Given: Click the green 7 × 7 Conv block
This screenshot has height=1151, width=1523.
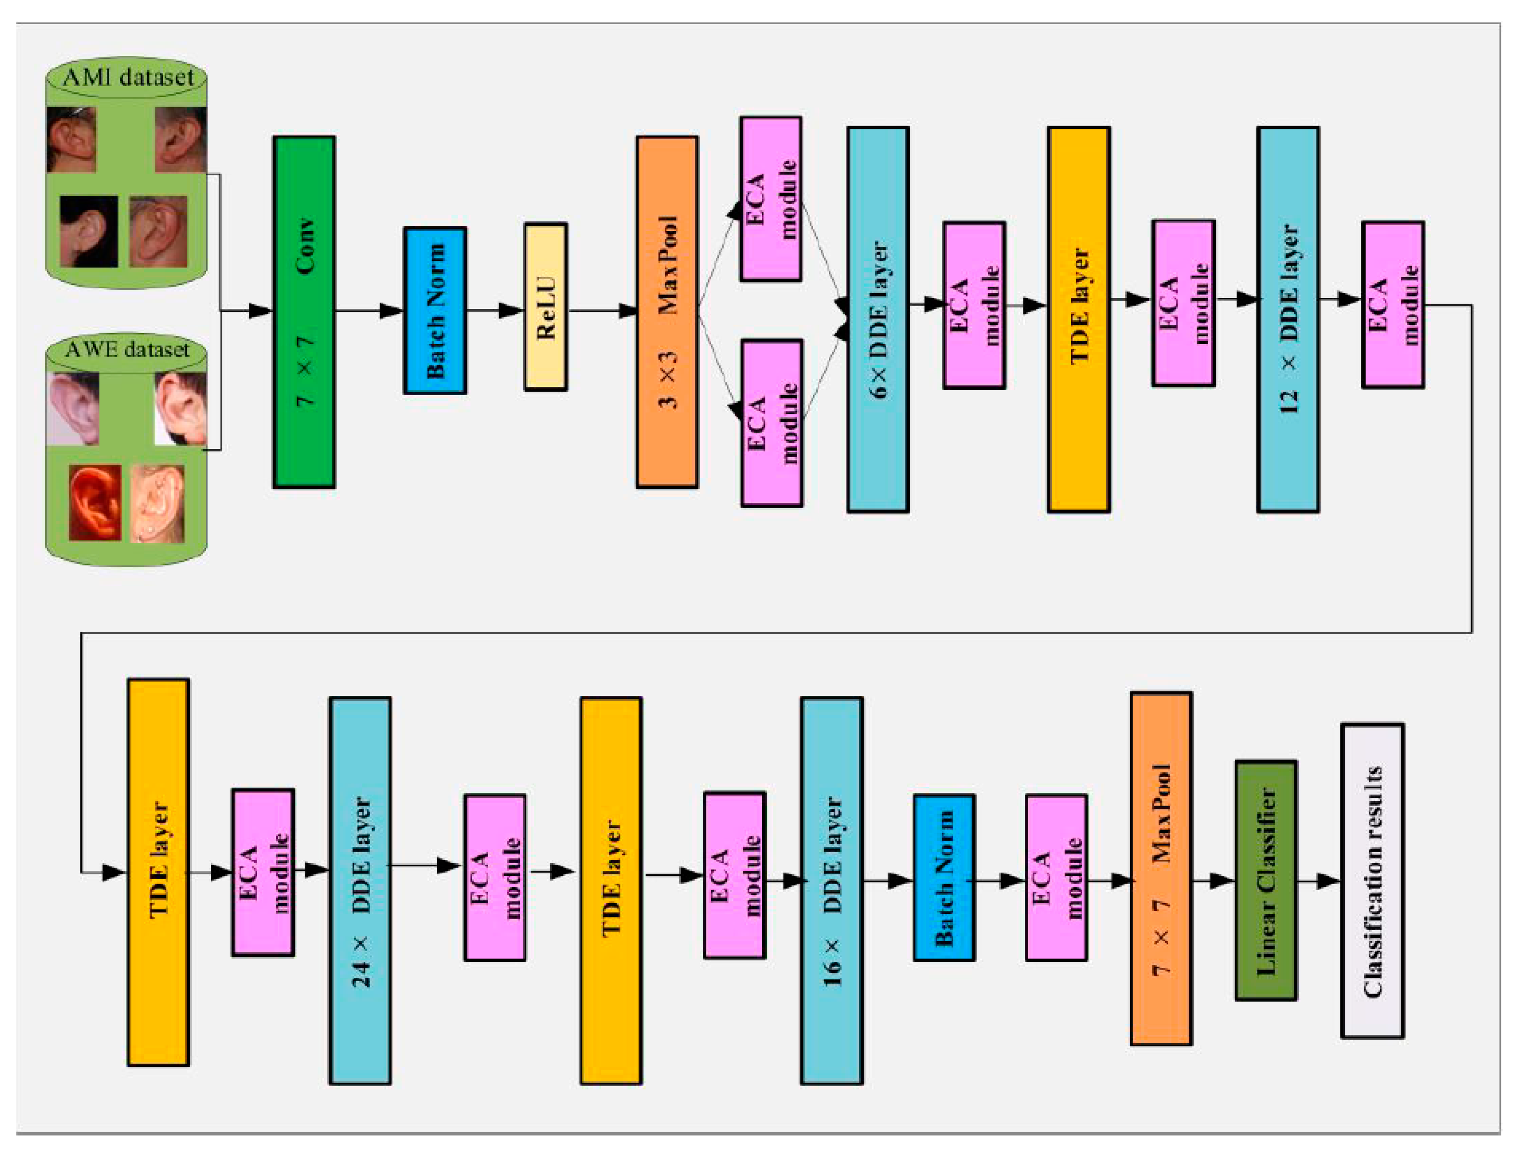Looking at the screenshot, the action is coord(304,312).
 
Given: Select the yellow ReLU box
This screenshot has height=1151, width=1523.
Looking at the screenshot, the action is coord(545,307).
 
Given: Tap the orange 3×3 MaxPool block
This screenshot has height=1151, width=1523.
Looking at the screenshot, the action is coord(667,312).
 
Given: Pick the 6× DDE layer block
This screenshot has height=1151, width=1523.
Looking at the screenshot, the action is coord(878,320).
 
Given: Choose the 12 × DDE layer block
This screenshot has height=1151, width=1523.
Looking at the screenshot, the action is coord(1288,320).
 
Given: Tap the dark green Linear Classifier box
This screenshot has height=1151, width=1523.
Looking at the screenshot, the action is coord(1265,881).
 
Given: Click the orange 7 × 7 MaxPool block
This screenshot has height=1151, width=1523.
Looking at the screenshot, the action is coord(1161,869).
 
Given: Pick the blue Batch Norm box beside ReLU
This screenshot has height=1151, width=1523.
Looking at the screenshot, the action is coord(435,310).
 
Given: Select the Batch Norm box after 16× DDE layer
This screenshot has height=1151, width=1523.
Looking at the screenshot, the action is coord(943,878).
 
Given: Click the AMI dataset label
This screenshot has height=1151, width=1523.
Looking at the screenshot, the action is coord(128,77).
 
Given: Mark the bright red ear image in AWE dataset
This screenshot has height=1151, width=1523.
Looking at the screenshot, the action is coord(95,502).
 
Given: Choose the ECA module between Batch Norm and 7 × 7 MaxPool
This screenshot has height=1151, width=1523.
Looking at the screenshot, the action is coord(1056,878).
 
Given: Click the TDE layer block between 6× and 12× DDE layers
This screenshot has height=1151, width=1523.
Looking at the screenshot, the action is coord(1078,320).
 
